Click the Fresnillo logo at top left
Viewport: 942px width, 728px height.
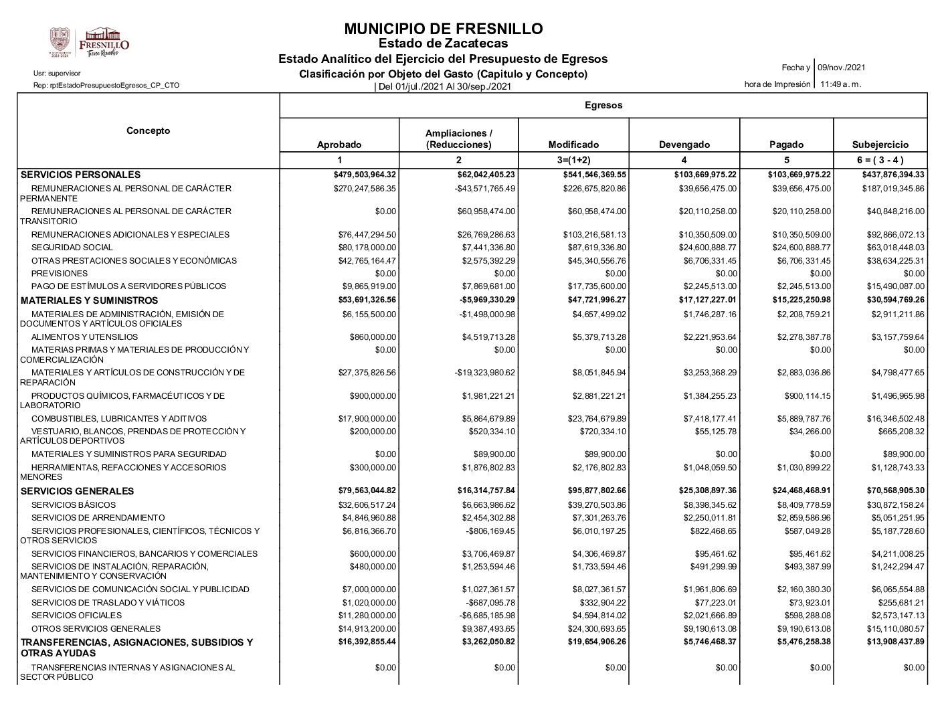[x=89, y=42]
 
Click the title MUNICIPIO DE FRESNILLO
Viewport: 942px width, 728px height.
[x=443, y=29]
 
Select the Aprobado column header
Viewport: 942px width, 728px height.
[x=339, y=145]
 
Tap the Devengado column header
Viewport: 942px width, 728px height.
[x=684, y=145]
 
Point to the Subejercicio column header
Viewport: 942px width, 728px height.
[x=880, y=145]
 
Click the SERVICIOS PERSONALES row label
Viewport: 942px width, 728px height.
[x=81, y=175]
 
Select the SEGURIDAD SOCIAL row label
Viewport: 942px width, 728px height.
[x=72, y=248]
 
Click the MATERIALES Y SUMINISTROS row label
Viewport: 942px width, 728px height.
[x=90, y=300]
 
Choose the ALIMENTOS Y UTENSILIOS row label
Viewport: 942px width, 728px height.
[x=84, y=337]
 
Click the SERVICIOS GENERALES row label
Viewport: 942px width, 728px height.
[x=78, y=491]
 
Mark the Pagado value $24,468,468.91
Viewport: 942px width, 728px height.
[x=793, y=490]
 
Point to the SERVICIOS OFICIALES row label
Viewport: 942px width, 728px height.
[x=76, y=616]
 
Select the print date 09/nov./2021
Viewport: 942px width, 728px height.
[x=842, y=68]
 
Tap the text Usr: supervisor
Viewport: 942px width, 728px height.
[x=57, y=73]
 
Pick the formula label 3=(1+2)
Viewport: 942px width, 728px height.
[x=573, y=160]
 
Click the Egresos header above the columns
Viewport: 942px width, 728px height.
[x=603, y=105]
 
